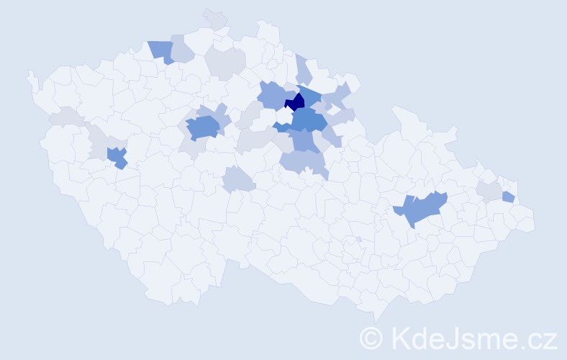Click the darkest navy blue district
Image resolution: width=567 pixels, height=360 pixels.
point(296,101)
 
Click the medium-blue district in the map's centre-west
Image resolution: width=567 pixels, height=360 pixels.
point(203,128)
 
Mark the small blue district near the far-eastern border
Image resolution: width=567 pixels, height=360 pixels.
point(508,197)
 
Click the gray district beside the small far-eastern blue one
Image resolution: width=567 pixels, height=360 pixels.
point(490,191)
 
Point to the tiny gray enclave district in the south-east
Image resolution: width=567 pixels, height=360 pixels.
point(358,239)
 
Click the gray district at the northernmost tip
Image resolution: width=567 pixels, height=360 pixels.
point(214,17)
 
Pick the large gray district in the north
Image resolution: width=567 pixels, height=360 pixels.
point(225,62)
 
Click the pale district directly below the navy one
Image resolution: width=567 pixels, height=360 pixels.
point(284,114)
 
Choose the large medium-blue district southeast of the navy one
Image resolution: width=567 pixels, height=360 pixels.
point(309,119)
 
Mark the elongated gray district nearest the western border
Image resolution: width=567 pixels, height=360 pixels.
point(67,116)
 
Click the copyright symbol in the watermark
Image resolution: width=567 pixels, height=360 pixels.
point(371,338)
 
